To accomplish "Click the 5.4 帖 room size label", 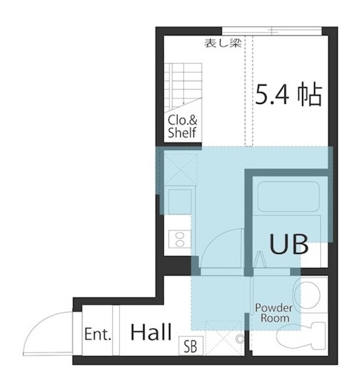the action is tap(288, 95).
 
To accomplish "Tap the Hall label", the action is tap(151, 332).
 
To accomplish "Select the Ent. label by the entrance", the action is tap(97, 334).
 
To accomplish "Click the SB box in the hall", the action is tap(191, 346).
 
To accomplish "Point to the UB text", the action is tap(289, 244).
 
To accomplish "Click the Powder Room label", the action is tap(274, 313).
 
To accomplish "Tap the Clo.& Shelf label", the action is tap(183, 126).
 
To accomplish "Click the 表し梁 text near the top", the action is tap(223, 43).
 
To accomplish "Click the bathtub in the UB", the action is tap(289, 197).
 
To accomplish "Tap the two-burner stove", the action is tap(180, 239).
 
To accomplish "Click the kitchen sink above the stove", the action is tap(180, 201).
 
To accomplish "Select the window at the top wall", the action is tap(272, 31).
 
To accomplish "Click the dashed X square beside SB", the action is tap(223, 338).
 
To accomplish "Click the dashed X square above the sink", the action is tap(181, 169).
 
